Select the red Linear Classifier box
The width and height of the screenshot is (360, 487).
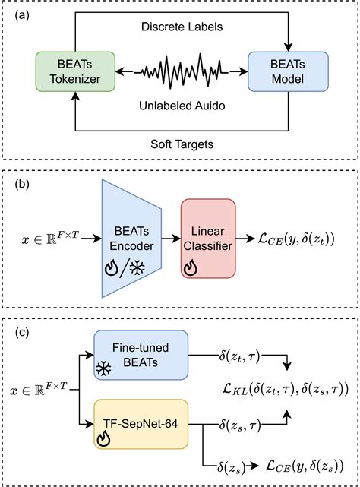(208, 238)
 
